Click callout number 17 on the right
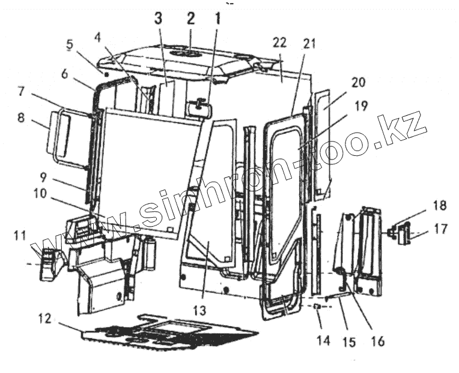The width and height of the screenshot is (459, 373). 440,228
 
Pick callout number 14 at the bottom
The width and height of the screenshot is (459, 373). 323,341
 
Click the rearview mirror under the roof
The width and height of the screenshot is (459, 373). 197,109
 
